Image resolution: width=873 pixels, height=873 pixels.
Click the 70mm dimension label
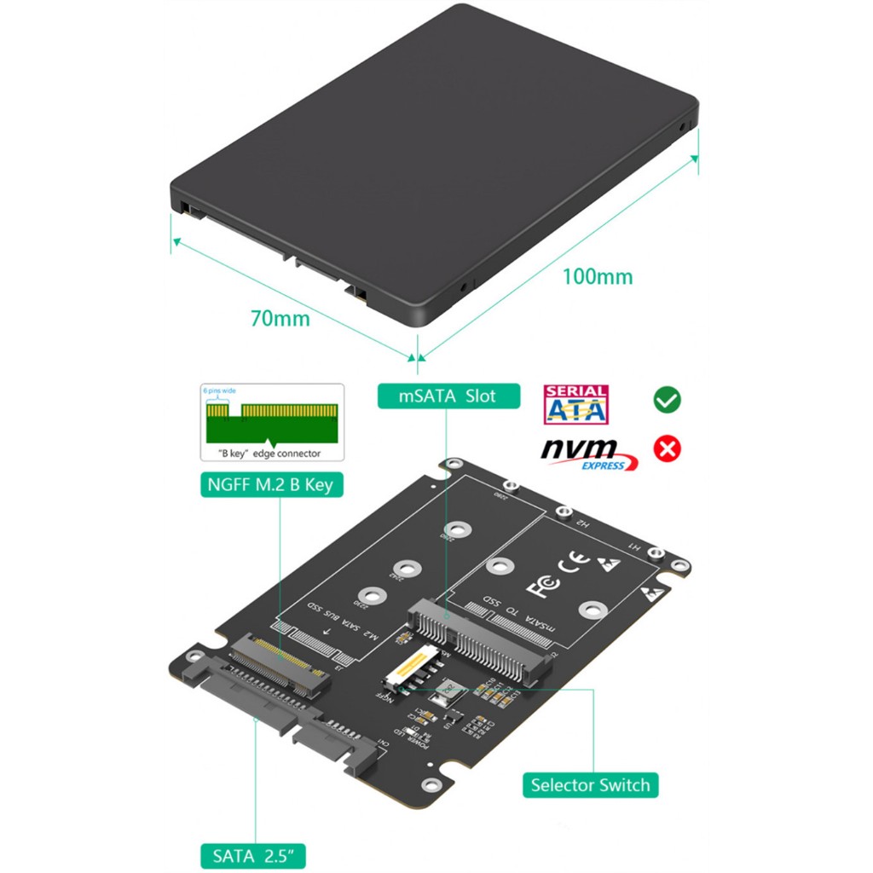coord(280,319)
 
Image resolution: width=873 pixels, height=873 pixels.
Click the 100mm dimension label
coord(597,276)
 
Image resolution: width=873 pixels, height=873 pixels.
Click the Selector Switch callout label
coord(590,784)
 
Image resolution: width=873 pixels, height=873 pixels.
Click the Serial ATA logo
coord(576,405)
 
